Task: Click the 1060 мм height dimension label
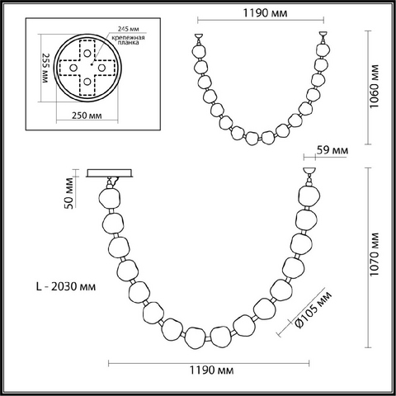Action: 374,87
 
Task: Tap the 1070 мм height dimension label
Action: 374,254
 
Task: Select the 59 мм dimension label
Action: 332,150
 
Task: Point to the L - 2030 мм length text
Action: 66,286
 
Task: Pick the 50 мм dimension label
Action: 69,193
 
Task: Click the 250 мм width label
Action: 87,115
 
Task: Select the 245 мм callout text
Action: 128,29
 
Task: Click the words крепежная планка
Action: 128,40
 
